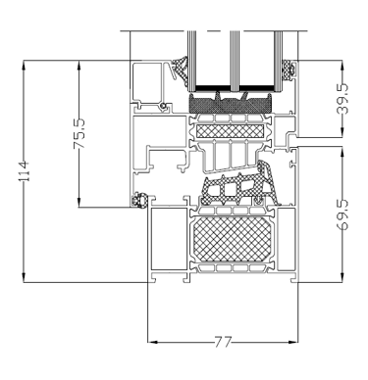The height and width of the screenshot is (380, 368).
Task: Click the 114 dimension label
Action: tap(26, 171)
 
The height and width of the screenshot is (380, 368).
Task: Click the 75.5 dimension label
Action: tap(79, 133)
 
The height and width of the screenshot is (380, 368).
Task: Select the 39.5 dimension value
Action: tap(342, 99)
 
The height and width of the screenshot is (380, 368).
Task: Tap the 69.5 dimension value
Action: tap(342, 215)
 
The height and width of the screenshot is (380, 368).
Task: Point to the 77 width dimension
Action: tap(223, 342)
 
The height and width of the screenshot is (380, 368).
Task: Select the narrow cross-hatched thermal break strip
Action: tap(230, 131)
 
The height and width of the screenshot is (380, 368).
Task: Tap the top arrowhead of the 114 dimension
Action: tap(24, 65)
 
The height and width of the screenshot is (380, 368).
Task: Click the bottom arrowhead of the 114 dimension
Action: tap(24, 278)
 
